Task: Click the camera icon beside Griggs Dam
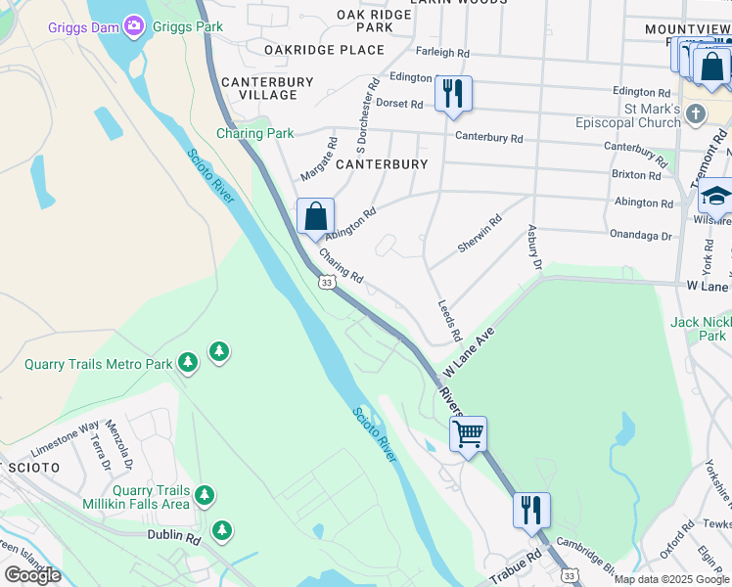click(x=133, y=25)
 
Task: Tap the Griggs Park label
click(x=184, y=26)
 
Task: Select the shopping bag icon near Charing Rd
click(x=315, y=217)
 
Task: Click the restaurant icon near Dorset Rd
click(x=452, y=94)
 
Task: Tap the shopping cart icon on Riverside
click(x=469, y=432)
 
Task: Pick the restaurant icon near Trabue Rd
click(x=531, y=510)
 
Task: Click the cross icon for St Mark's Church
click(x=696, y=113)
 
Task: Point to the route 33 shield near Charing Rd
click(x=327, y=282)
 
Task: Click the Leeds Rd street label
click(x=449, y=321)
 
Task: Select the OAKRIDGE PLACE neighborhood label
click(x=324, y=50)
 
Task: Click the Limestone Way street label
click(x=65, y=439)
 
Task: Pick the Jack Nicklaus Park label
click(x=701, y=329)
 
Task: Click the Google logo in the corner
click(x=32, y=575)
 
